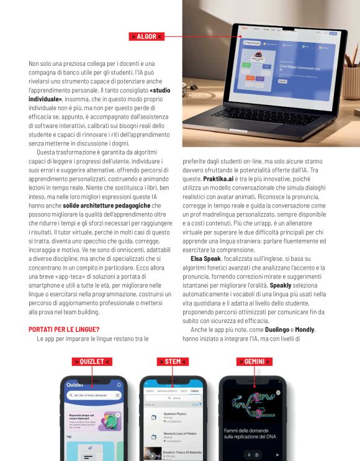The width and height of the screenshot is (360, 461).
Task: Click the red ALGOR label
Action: pyautogui.click(x=146, y=37)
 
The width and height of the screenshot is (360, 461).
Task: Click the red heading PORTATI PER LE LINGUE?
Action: pyautogui.click(x=65, y=329)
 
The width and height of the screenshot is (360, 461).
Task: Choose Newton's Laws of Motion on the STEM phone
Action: pyautogui.click(x=180, y=434)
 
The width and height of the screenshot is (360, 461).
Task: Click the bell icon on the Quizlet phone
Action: pyautogui.click(x=119, y=385)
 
